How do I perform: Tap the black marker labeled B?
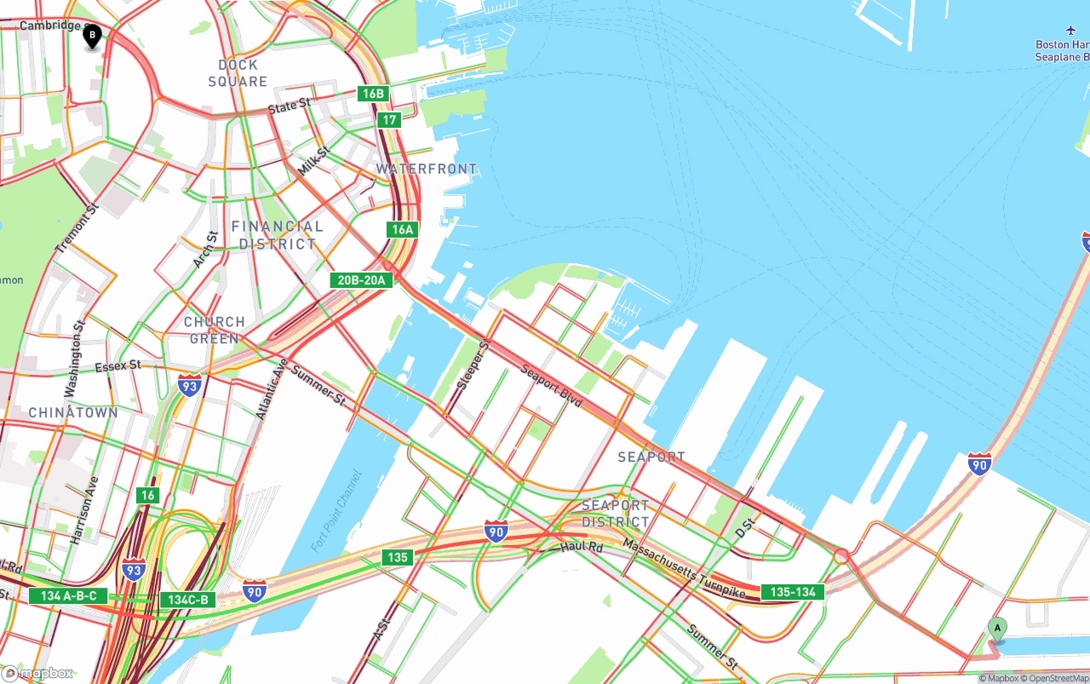pos(92,36)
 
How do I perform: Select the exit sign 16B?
pos(373,94)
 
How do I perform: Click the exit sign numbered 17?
pos(389,120)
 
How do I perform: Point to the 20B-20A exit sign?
pos(362,280)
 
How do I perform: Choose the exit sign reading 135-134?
pos(793,592)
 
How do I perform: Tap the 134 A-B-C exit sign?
pos(69,596)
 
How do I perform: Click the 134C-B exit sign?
pos(187,600)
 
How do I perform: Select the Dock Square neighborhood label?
pos(238,73)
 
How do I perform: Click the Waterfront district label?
pos(427,169)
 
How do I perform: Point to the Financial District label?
pos(278,235)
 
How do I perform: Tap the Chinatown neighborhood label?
pos(73,412)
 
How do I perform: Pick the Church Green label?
pos(215,331)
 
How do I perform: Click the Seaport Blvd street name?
pos(551,386)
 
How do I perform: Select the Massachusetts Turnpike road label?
pos(684,567)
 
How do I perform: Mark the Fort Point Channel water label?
pos(337,510)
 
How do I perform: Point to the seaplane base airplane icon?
pos(1070,32)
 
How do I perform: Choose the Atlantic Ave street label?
pos(272,388)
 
